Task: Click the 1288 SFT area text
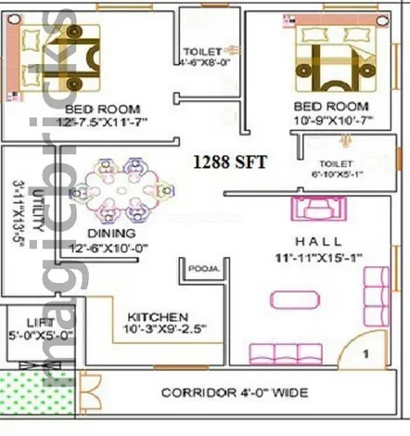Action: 229,161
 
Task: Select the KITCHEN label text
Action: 159,316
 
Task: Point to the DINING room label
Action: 110,232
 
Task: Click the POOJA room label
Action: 203,269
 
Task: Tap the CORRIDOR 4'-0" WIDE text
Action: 235,393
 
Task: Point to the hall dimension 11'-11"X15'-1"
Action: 318,256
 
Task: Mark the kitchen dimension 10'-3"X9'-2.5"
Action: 164,329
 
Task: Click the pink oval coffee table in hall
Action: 297,299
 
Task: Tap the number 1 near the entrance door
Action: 366,354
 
